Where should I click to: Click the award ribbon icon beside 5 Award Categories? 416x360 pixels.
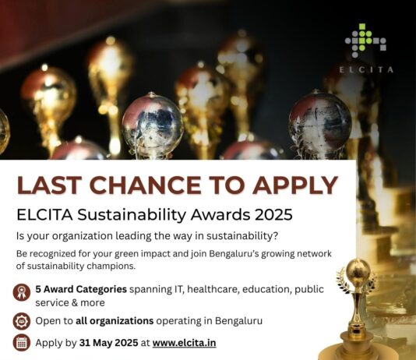pyautogui.click(x=23, y=294)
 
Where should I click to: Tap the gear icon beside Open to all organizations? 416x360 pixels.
pyautogui.click(x=23, y=320)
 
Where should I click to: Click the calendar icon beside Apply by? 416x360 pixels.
pyautogui.click(x=23, y=342)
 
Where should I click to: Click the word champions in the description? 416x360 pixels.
pyautogui.click(x=121, y=266)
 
